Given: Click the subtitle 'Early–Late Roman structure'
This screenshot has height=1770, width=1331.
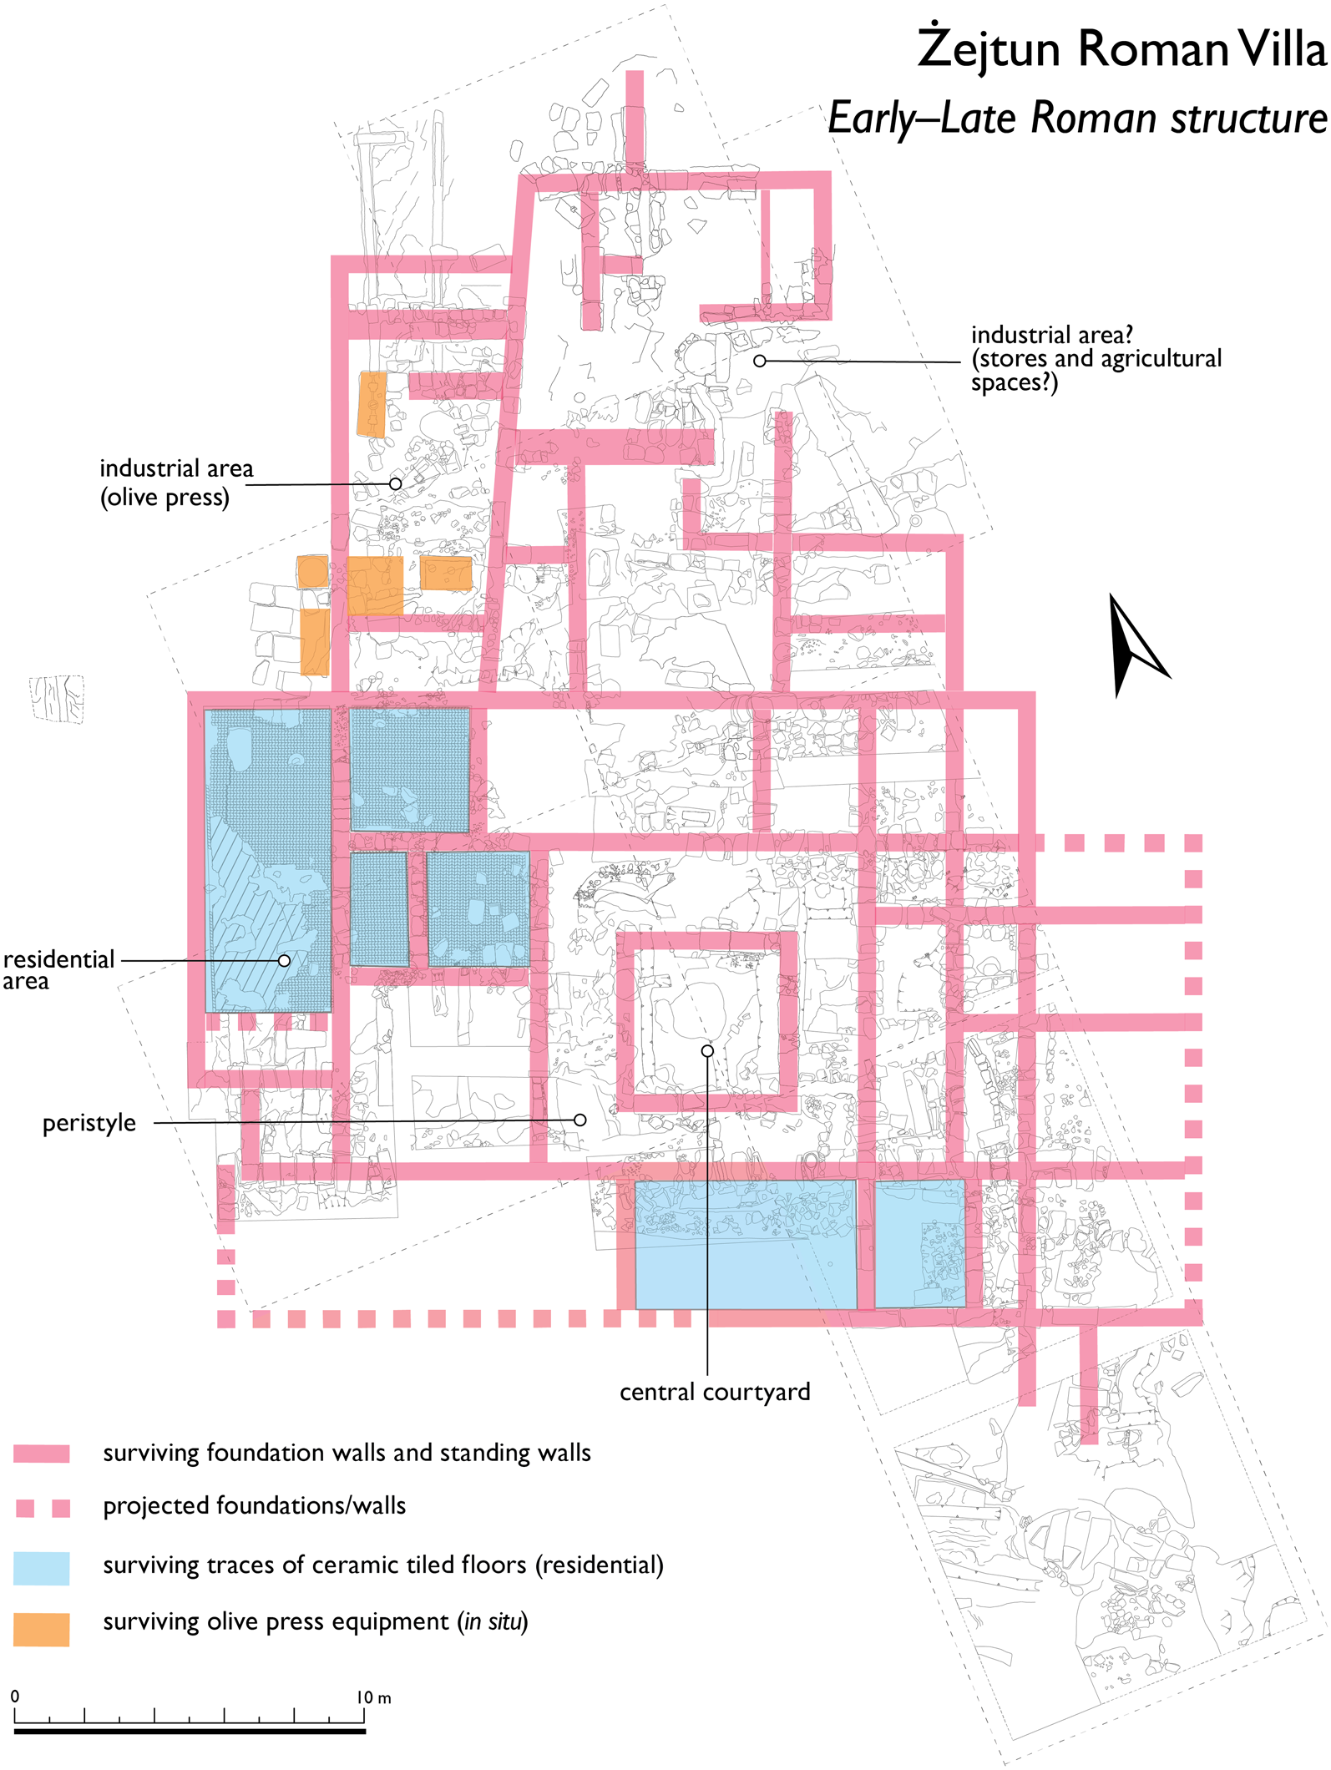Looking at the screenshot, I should coord(1077,118).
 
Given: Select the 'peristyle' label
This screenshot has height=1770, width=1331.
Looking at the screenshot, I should coord(89,1123).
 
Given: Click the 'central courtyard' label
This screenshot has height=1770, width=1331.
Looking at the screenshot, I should coord(715,1392).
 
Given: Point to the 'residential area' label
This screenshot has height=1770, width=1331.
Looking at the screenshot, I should coord(58,969).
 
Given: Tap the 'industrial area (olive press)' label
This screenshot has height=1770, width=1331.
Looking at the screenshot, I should coord(175,483).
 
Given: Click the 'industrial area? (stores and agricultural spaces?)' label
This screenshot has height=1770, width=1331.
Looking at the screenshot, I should coord(1095,358).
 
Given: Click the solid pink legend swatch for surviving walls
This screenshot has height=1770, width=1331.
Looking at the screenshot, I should coord(42,1454).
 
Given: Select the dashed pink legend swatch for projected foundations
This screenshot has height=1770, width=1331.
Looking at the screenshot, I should coord(42,1507).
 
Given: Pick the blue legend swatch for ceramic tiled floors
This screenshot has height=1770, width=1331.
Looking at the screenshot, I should coord(42,1567).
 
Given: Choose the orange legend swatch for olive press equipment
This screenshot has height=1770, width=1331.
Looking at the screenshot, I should coord(42,1628).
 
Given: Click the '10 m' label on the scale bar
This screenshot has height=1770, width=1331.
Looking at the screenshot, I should coord(373,1697).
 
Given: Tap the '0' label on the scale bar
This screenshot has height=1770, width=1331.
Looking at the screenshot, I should coord(15,1697).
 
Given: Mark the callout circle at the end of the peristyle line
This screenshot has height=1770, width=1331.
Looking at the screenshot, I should coord(580,1120).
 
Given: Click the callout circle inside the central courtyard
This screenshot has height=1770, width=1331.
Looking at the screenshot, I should coord(707,1050).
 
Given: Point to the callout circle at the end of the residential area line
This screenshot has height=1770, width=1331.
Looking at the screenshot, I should coord(285,960).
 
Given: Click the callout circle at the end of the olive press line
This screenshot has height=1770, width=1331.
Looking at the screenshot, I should coord(396,483).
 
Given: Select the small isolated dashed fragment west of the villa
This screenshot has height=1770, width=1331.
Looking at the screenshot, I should coord(57,698).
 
